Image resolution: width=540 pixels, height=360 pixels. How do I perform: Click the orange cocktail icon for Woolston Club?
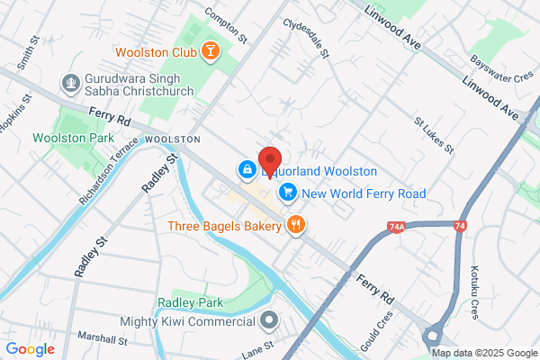click(x=210, y=50)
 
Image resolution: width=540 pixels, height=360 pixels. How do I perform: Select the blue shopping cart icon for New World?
click(x=288, y=192)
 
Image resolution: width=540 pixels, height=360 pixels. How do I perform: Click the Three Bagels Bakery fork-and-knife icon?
click(x=295, y=224)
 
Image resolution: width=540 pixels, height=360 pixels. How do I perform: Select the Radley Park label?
click(x=189, y=303)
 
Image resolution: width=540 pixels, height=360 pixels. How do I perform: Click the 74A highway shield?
click(x=398, y=229)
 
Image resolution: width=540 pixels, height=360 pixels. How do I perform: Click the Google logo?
click(x=30, y=349)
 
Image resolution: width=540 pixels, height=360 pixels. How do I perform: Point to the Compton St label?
click(x=226, y=25)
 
